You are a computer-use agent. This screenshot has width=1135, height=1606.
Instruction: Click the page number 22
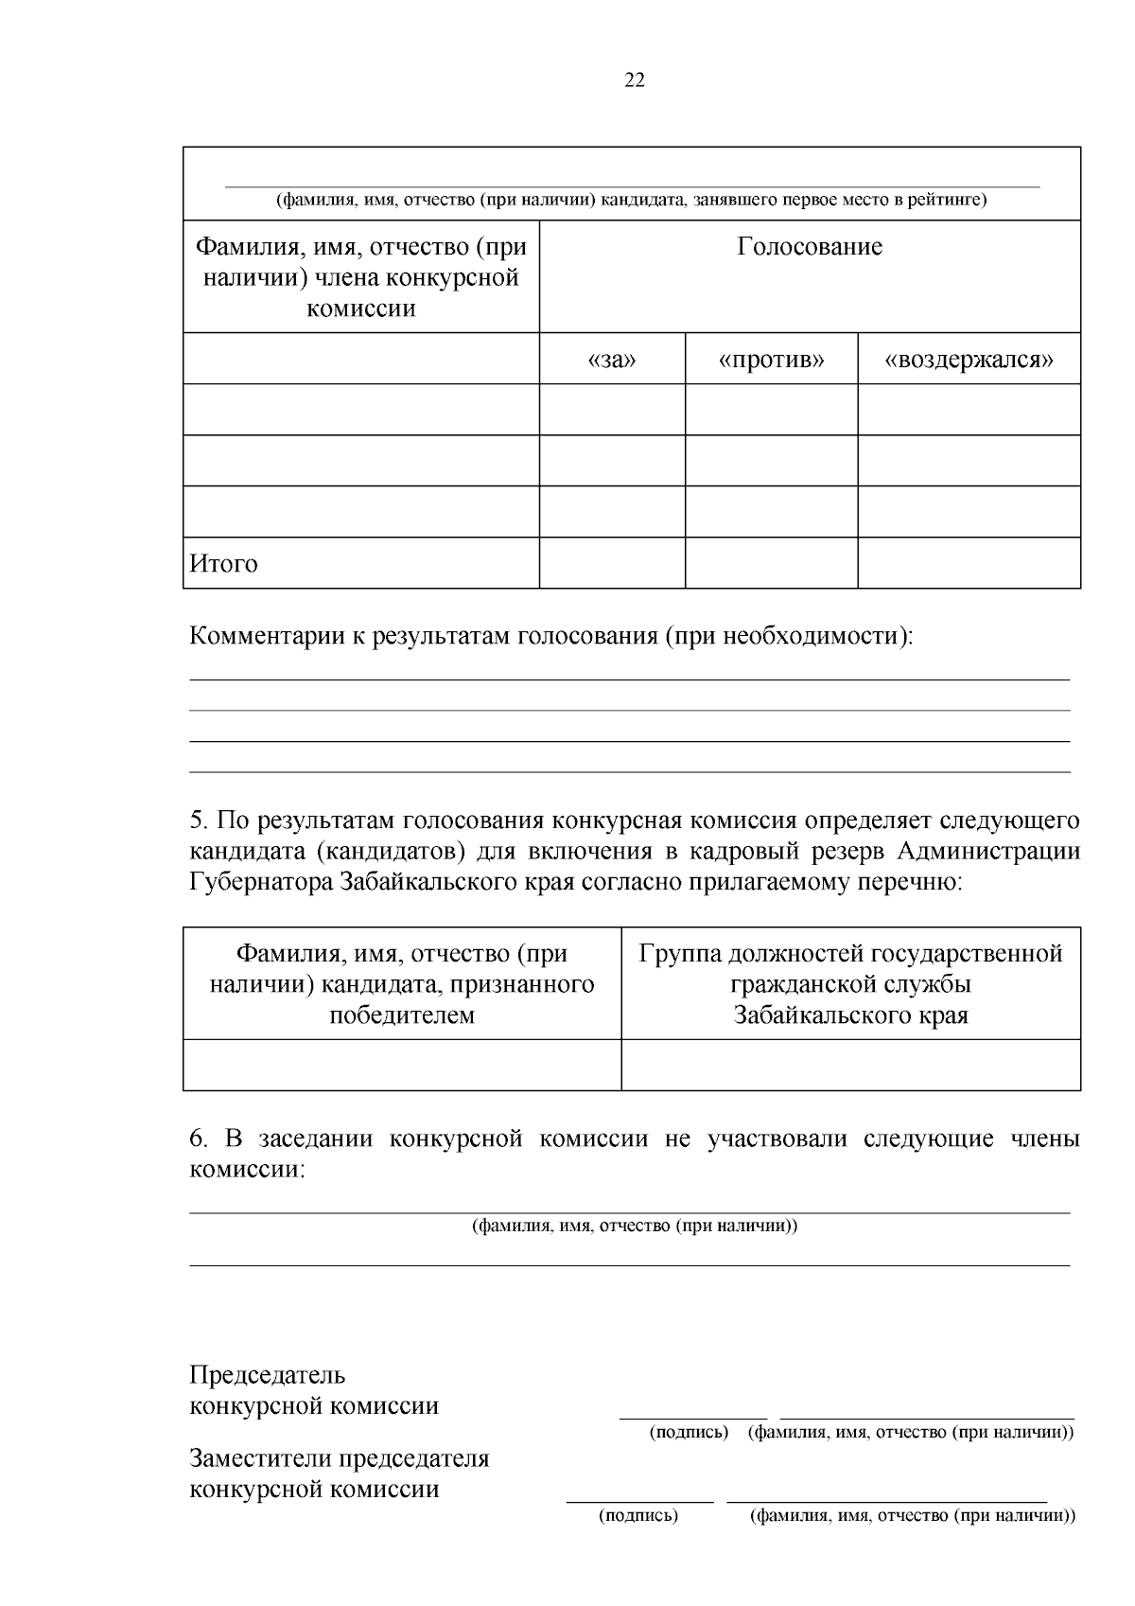pos(635,80)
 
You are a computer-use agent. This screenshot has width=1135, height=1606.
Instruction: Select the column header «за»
pos(612,360)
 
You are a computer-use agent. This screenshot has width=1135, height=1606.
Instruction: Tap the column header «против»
pos(771,360)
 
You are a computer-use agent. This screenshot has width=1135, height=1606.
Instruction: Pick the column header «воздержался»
pos(969,360)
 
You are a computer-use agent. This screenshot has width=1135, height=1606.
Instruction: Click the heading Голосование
pos(810,247)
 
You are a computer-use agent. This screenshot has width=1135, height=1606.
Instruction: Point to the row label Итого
pos(224,564)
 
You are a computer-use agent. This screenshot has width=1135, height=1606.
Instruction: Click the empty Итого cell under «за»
pos(612,563)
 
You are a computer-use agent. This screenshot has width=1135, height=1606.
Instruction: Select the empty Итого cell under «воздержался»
pos(969,563)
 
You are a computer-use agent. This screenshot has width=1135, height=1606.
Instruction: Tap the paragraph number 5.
pos(197,820)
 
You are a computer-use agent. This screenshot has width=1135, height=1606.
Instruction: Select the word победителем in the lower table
pos(402,1015)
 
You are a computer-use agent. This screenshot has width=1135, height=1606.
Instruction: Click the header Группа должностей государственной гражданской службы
pos(850,984)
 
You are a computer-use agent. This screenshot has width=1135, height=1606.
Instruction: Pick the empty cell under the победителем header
pos(402,1065)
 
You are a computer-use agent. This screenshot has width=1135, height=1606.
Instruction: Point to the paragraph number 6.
pos(197,1138)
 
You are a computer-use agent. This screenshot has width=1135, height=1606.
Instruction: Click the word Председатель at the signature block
pos(268,1374)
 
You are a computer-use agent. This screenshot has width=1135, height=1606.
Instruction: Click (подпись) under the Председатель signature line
pos(689,1433)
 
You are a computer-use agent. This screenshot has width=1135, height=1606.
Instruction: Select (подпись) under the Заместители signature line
pos(638,1516)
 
